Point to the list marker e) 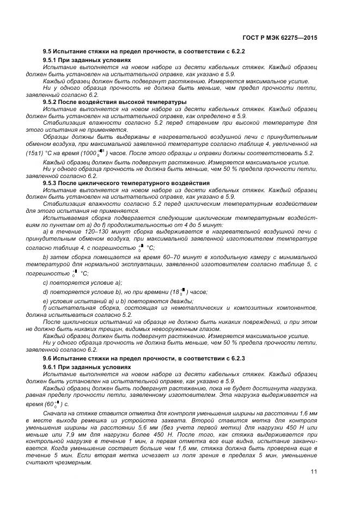tap(45, 301)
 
